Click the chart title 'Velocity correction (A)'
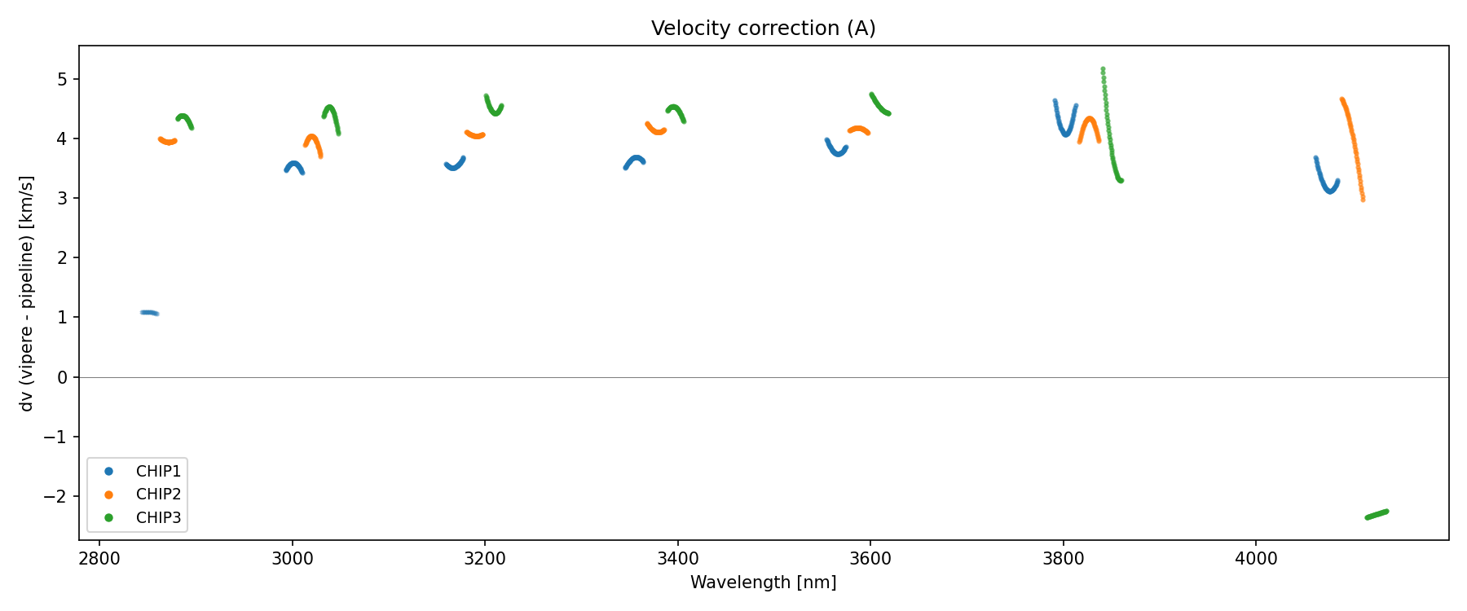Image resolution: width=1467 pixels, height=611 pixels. (763, 29)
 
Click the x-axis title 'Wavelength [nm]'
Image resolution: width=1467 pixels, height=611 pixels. (763, 582)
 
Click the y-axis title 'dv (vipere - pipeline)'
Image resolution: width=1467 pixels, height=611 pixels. (27, 293)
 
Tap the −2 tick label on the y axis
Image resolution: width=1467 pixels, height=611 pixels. (57, 497)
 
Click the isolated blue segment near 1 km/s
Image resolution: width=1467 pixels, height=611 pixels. (149, 313)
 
